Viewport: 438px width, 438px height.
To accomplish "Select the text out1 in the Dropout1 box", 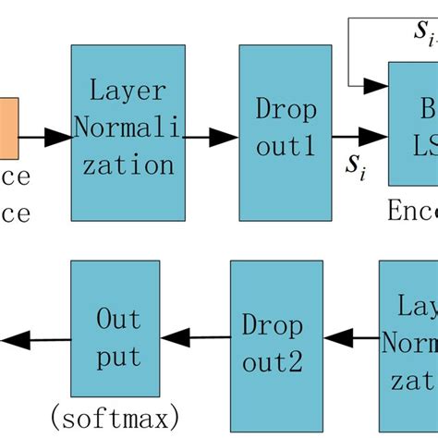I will pos(285,150).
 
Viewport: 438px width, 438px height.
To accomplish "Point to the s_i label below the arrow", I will pos(354,165).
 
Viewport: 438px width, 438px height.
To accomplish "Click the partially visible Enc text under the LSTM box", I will pos(410,213).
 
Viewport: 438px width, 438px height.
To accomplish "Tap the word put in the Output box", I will pos(118,358).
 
